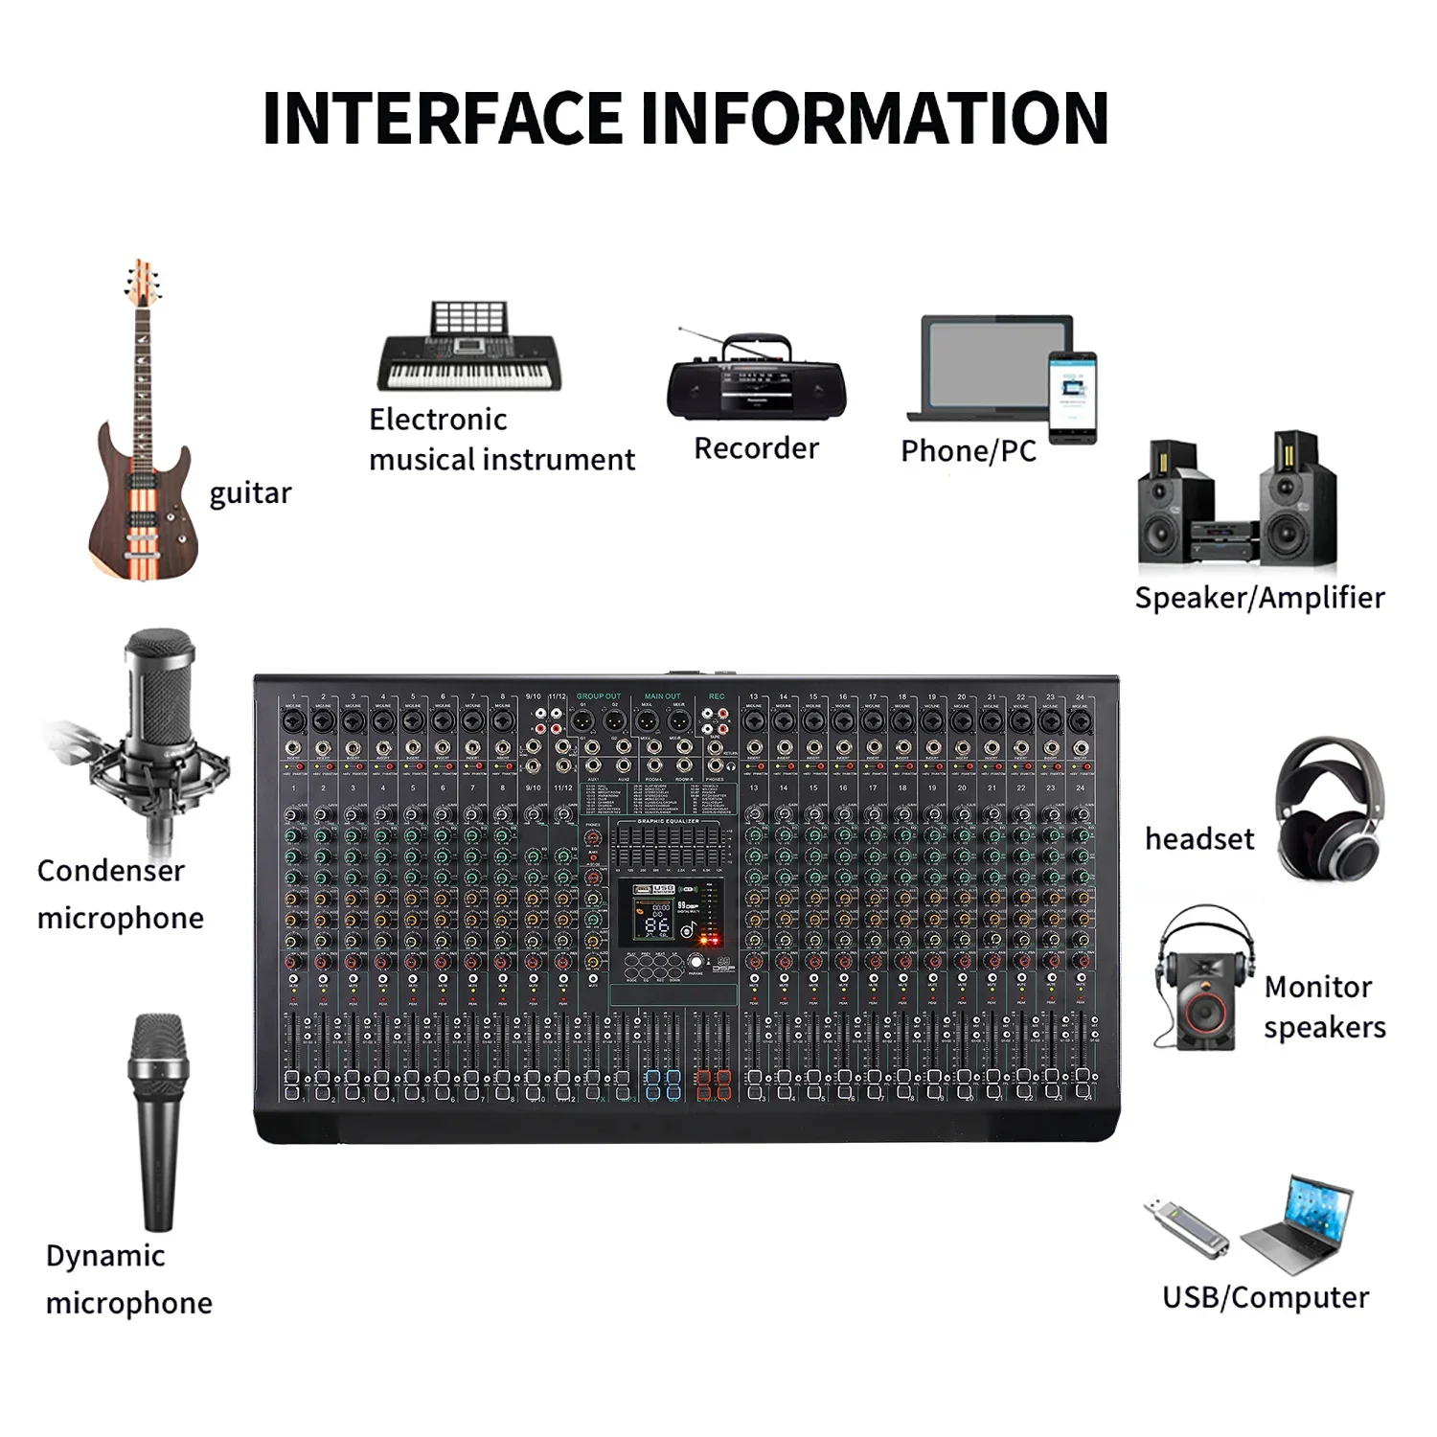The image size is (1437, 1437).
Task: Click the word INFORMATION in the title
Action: tap(874, 119)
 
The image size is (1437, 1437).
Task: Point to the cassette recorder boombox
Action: tap(756, 379)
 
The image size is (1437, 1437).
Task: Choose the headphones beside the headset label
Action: tap(1330, 808)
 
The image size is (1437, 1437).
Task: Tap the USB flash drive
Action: tap(1185, 1227)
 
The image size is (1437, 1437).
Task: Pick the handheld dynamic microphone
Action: tap(158, 1121)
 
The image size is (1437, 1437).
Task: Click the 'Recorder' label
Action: tap(756, 448)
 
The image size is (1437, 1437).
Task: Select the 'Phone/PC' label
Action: tap(969, 451)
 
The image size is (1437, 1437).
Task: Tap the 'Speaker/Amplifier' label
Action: tap(1260, 598)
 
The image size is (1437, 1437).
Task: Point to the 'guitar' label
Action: tap(250, 493)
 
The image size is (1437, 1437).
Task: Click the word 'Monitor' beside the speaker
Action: tap(1318, 987)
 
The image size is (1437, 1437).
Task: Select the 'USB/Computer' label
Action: tap(1266, 1297)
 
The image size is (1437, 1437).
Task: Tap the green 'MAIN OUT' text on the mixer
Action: tap(662, 696)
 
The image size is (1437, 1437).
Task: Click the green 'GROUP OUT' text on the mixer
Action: tap(599, 696)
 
